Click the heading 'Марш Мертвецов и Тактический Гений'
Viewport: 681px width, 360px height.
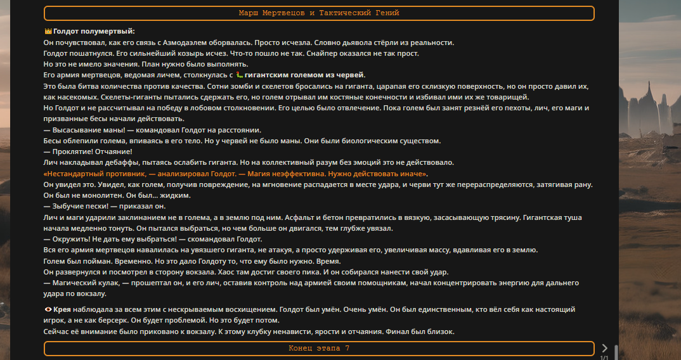319,13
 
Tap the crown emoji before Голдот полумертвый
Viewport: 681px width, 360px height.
48,31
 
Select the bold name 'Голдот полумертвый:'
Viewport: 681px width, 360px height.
94,31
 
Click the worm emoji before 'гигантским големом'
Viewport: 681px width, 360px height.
239,75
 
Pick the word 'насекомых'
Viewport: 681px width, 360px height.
64,97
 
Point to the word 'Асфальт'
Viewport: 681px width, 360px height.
299,217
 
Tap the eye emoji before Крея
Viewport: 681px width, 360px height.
48,310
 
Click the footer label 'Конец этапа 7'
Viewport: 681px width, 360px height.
319,349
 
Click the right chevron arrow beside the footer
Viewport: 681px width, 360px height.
604,348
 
